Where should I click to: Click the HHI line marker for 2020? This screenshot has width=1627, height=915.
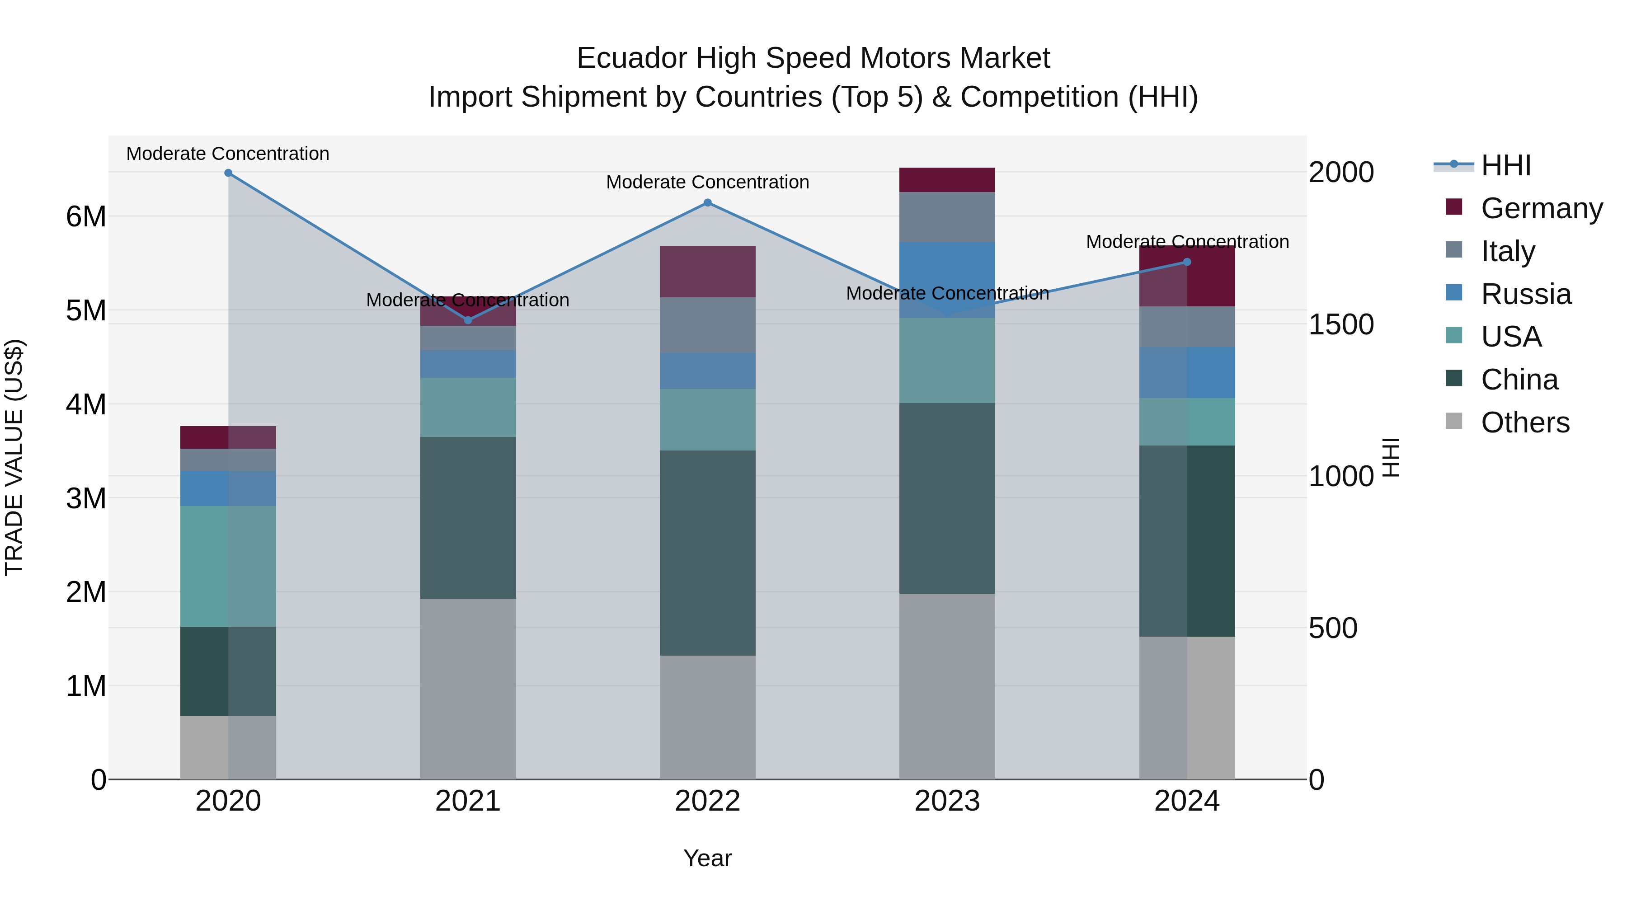tap(228, 173)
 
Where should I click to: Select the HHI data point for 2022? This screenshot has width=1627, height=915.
tap(707, 203)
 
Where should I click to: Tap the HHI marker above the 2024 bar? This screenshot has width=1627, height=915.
tap(1187, 262)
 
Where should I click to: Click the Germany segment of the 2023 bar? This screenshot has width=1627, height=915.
tap(947, 180)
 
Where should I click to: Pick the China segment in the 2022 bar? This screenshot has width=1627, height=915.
tap(707, 553)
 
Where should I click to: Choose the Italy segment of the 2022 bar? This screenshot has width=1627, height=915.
tap(707, 325)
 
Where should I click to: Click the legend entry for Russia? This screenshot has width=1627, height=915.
tap(1525, 294)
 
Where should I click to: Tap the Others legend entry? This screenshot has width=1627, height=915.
tap(1525, 422)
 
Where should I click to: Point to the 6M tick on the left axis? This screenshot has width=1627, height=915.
tap(86, 216)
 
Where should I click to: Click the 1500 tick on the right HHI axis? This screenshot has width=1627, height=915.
tap(1341, 324)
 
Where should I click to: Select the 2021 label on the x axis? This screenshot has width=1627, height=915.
tap(468, 801)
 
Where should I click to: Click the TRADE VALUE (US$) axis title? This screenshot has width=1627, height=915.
tap(14, 457)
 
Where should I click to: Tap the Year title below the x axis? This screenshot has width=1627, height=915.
tap(707, 858)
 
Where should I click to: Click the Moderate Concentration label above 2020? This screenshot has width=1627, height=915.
tap(228, 154)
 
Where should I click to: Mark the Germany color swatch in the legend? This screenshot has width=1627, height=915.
tap(1453, 207)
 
